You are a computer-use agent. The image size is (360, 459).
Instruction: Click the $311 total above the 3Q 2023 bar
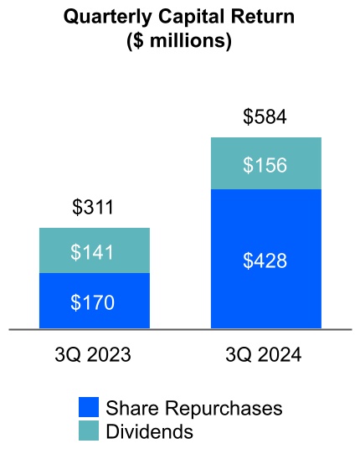[94, 208]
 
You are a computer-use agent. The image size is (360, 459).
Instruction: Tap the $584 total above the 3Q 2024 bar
[265, 116]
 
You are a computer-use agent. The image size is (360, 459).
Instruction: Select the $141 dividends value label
[94, 250]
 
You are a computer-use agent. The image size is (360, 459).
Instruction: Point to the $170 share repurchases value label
[94, 301]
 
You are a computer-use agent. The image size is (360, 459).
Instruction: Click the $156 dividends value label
[265, 164]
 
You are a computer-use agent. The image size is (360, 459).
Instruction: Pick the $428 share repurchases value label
[265, 260]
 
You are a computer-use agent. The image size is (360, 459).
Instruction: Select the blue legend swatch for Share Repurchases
[89, 408]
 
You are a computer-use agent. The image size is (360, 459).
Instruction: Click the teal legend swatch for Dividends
[89, 431]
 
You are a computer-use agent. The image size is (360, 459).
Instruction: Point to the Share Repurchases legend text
[193, 408]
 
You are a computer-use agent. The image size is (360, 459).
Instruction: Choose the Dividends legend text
[149, 431]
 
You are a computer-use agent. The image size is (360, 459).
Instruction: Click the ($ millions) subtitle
[180, 40]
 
